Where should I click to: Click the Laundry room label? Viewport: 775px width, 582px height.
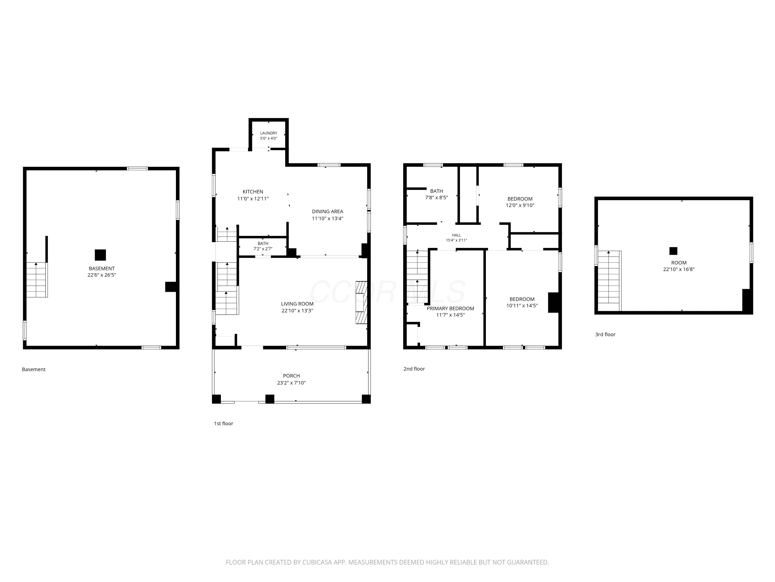268,133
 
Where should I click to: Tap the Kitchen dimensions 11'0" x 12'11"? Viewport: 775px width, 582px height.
253,199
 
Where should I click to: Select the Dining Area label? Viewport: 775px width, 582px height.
328,212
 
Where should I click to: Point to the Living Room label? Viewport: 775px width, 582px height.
297,304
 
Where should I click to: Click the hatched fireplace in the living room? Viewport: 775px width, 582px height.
361,302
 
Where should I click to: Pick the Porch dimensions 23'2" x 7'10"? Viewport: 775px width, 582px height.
291,383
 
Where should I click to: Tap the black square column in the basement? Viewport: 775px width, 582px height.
100,255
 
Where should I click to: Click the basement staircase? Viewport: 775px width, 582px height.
37,280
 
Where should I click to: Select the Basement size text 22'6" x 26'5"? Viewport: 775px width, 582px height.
102,275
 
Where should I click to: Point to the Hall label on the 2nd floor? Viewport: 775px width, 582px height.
456,235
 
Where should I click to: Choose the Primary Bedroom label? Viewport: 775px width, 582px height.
450,309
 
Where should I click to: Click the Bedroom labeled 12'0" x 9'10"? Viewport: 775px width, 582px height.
520,199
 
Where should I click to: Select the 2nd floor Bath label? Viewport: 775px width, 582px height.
437,191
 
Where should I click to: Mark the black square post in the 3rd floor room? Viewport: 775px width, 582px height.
673,251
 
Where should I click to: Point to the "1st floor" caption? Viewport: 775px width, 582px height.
223,424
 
